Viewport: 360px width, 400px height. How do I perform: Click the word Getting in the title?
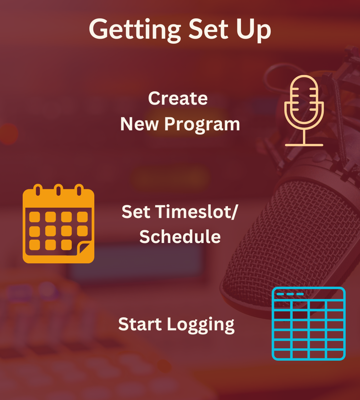(x=135, y=30)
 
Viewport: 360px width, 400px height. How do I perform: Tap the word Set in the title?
(x=208, y=29)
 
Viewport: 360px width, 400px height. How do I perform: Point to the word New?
(x=139, y=124)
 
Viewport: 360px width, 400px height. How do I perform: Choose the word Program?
(x=202, y=125)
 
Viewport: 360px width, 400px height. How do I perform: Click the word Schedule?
(x=180, y=237)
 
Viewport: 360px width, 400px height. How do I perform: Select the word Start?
(x=140, y=324)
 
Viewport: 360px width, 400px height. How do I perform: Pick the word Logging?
(x=201, y=325)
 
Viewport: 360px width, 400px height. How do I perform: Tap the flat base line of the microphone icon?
(x=304, y=145)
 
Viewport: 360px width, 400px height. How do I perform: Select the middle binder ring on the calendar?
(x=58, y=190)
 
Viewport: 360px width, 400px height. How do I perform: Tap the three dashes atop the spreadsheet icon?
(x=290, y=294)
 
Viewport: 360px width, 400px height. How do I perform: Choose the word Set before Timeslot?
(x=136, y=212)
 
